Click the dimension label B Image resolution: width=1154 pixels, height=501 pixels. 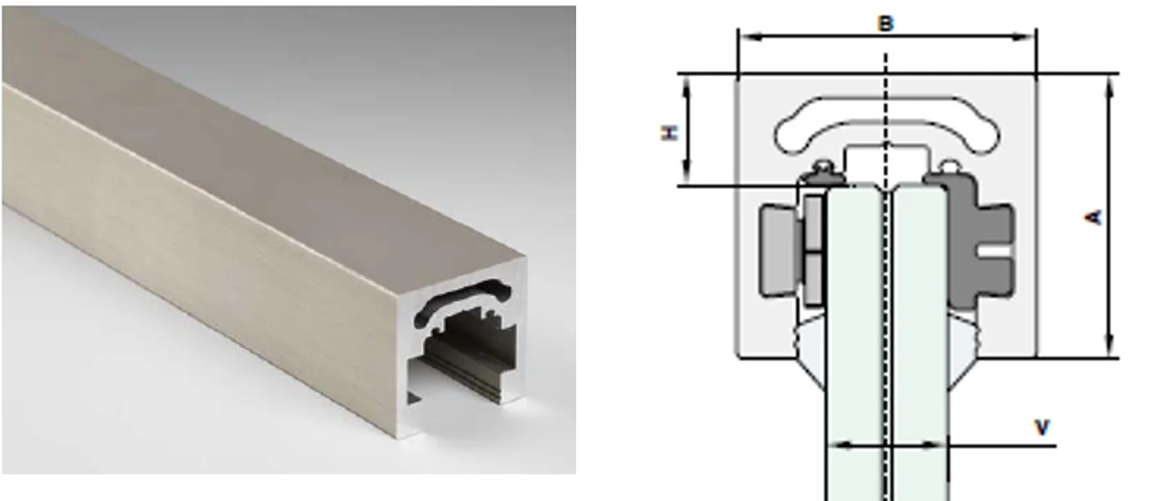coord(885,23)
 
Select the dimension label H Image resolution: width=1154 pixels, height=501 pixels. coord(669,132)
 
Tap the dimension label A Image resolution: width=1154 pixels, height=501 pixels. coord(1094,217)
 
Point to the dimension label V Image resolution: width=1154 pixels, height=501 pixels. coord(1042,427)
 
